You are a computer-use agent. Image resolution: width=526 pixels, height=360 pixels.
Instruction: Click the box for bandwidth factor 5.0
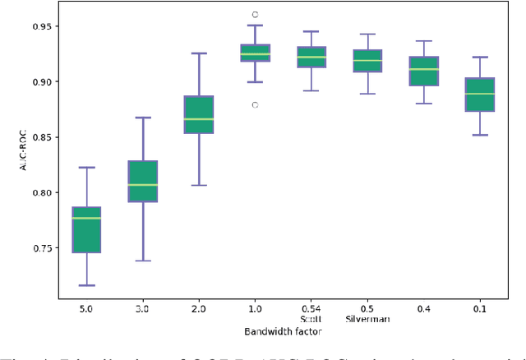click(86, 229)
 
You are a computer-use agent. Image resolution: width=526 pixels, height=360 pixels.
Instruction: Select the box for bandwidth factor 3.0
click(143, 181)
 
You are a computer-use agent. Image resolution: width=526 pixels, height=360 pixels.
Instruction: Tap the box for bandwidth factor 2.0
click(199, 114)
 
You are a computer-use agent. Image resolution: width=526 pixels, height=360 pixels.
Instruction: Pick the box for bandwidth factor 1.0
click(256, 53)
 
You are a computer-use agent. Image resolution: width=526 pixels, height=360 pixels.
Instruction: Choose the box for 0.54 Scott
click(311, 57)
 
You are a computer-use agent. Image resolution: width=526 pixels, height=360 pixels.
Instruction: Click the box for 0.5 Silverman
click(367, 61)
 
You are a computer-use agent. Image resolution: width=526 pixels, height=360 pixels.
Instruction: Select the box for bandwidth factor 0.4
click(424, 71)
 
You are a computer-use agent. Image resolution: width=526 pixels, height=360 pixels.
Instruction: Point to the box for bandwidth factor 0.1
click(480, 95)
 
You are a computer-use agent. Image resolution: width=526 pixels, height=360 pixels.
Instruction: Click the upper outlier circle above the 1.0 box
click(256, 15)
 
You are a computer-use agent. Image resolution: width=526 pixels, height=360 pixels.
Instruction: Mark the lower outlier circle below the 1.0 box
click(256, 105)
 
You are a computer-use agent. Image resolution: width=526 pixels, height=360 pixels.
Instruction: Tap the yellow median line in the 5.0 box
click(86, 218)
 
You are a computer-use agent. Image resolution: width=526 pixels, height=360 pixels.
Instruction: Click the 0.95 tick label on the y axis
click(40, 26)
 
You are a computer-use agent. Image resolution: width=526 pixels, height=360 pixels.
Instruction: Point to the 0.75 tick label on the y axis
click(40, 248)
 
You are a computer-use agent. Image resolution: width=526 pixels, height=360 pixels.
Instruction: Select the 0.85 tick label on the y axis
click(40, 137)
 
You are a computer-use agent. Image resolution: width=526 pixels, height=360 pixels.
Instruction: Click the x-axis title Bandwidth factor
click(283, 330)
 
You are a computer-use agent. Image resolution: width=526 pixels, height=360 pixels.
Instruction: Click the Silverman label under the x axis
click(367, 319)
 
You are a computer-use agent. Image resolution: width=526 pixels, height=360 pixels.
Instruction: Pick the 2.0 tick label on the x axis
click(199, 308)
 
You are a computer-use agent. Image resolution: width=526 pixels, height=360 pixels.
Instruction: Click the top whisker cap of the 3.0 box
click(143, 118)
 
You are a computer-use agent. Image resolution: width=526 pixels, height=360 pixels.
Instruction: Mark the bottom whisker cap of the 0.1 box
click(480, 135)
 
